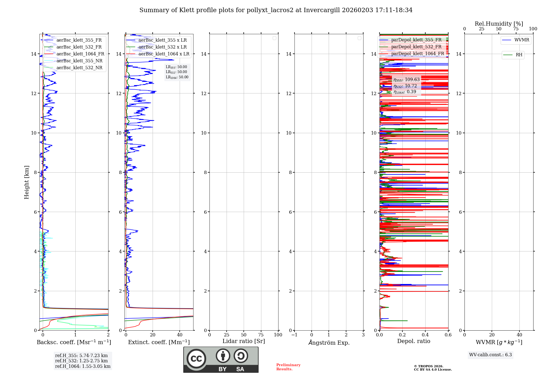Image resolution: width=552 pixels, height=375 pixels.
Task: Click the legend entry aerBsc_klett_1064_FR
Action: point(80,54)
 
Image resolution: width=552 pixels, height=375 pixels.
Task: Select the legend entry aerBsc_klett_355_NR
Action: point(79,61)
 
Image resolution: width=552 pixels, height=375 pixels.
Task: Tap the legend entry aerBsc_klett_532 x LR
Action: point(162,47)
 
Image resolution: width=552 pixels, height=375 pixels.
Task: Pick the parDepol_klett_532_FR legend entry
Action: point(416,47)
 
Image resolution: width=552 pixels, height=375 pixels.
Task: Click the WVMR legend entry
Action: point(522,40)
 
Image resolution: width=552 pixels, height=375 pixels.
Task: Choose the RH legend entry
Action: point(519,55)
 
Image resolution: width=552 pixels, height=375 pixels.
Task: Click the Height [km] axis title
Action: point(26,182)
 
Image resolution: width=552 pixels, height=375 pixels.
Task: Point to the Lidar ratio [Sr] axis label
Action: point(244,341)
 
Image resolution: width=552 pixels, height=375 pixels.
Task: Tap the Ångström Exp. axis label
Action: point(329,343)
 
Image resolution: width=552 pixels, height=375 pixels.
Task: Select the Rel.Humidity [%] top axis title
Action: point(499,24)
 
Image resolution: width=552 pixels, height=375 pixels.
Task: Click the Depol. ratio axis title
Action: point(414,341)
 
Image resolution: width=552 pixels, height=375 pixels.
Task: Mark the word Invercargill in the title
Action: point(322,10)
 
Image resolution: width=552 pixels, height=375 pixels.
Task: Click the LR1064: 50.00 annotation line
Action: point(177,77)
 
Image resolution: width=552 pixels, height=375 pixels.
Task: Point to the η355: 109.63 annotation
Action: point(407,80)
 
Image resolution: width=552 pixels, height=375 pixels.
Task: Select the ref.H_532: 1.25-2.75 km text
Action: point(81,361)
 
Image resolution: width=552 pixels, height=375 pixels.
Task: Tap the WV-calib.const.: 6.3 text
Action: point(490,355)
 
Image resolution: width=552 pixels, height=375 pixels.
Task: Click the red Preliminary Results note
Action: point(288,367)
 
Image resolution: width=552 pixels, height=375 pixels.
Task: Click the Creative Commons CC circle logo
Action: point(196,358)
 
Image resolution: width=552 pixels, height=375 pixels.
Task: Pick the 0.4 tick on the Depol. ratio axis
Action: point(425,335)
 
